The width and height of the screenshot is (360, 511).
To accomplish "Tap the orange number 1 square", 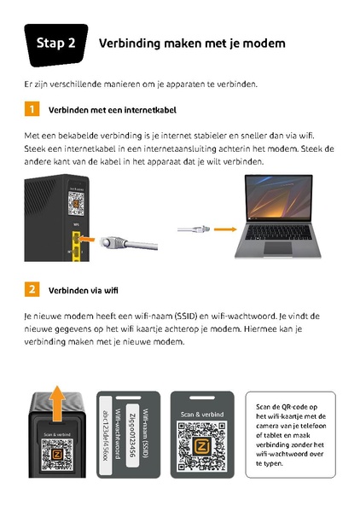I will click(32, 109).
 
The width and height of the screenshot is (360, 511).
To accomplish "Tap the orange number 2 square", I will click(32, 289).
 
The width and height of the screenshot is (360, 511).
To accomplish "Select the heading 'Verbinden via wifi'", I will click(83, 290).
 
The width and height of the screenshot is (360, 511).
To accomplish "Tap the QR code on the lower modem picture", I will click(56, 462).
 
